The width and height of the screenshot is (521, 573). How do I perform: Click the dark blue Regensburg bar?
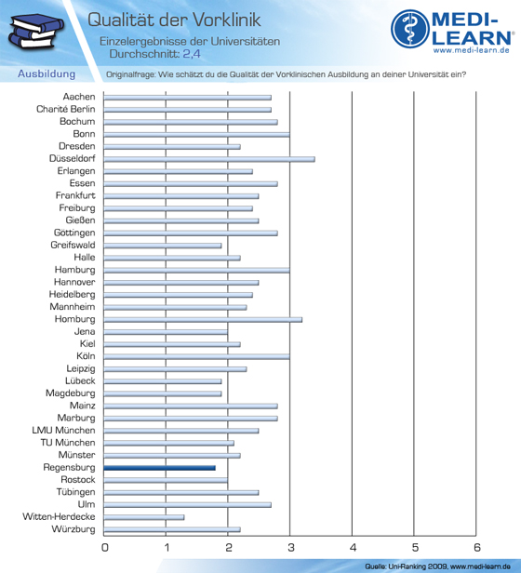tap(159, 468)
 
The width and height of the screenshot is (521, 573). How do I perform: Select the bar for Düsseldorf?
tap(209, 159)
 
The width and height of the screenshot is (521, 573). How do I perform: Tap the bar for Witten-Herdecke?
tap(144, 517)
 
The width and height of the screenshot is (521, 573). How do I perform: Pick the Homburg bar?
tap(203, 320)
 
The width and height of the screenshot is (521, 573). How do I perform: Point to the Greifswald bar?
tap(163, 246)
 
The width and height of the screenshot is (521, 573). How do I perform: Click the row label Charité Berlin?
tap(66, 109)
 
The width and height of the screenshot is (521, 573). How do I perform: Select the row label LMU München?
tap(63, 430)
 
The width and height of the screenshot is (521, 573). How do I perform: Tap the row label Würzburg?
tap(73, 529)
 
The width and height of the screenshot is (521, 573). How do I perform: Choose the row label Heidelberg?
tap(72, 294)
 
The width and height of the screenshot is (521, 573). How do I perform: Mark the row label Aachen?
tap(79, 97)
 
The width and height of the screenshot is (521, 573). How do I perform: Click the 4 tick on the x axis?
tap(353, 547)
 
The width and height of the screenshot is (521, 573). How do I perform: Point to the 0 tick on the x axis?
tap(105, 547)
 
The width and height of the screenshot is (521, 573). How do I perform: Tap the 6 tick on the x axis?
tap(476, 547)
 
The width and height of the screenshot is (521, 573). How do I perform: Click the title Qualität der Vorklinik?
tap(174, 20)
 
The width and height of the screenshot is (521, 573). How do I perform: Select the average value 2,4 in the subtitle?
tap(192, 54)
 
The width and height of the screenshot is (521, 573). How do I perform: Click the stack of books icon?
tap(35, 31)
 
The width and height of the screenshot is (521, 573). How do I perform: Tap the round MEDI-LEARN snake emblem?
tap(410, 29)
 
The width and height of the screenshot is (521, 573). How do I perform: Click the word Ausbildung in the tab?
tap(47, 73)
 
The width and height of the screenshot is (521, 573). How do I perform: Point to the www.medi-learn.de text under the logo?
tap(472, 50)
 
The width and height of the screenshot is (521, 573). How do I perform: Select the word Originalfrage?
tap(130, 74)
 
